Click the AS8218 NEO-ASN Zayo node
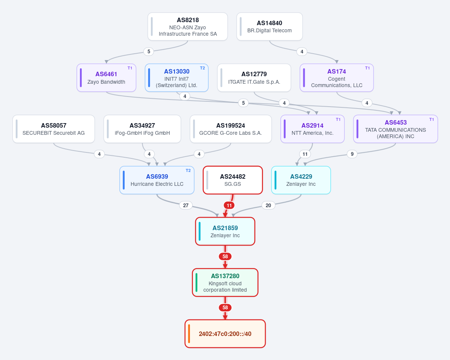click(188, 27)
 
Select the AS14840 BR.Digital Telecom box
click(269, 27)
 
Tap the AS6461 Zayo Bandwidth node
click(106, 78)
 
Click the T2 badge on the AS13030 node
click(202, 68)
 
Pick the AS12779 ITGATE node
click(254, 78)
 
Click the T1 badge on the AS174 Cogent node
click(367, 68)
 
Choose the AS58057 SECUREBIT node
click(54, 129)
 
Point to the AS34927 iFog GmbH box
click(142, 129)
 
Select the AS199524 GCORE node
click(231, 129)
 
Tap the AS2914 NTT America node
click(313, 129)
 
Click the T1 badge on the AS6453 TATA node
click(431, 119)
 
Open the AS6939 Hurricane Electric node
click(157, 180)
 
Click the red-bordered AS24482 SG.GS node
click(233, 180)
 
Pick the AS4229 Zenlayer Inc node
click(301, 180)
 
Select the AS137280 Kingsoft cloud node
click(225, 283)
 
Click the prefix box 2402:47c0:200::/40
click(225, 334)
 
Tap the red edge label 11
click(229, 205)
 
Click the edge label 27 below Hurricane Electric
click(186, 205)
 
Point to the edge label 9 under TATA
click(352, 154)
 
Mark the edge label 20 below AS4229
click(268, 205)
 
